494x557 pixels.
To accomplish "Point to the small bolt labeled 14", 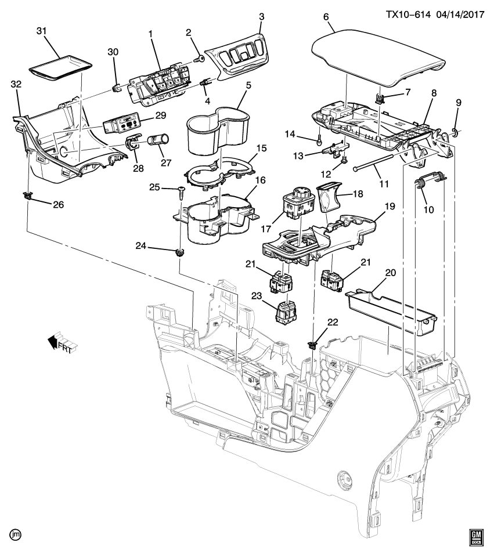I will [x=319, y=139].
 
